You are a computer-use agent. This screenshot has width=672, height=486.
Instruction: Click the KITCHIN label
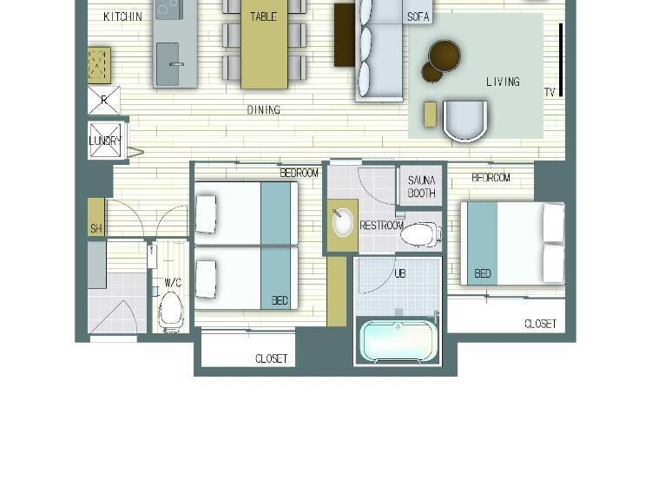click(122, 16)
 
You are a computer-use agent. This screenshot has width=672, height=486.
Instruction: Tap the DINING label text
click(264, 109)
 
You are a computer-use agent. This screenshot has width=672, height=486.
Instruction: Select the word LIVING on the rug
click(503, 82)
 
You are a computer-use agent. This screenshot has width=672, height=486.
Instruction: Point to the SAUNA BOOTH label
click(422, 187)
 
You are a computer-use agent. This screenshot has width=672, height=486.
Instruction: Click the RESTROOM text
click(381, 226)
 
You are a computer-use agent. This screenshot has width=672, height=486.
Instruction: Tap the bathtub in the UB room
click(399, 341)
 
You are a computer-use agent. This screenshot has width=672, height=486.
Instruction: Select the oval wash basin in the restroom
click(342, 222)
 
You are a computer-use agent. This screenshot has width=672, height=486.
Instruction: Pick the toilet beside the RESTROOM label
click(421, 234)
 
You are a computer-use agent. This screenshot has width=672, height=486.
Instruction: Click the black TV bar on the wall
click(561, 60)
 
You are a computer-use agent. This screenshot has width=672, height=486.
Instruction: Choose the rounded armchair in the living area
click(465, 121)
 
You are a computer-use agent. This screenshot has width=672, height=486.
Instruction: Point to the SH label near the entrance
click(96, 228)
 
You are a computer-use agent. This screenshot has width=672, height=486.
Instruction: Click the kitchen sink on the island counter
click(168, 64)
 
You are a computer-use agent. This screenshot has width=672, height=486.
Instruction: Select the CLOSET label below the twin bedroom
click(271, 358)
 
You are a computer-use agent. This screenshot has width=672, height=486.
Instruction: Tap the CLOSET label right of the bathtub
click(540, 324)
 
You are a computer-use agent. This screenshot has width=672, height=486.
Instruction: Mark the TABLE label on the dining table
click(263, 16)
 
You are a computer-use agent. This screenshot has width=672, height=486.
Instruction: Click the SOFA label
click(418, 16)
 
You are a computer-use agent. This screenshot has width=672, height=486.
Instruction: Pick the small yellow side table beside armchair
click(431, 114)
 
